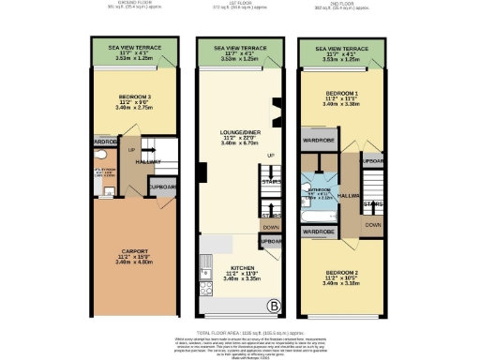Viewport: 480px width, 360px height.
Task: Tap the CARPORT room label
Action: pos(134,250)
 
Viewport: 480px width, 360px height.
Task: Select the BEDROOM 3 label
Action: pos(134,97)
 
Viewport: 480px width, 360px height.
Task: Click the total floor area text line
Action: pos(240,332)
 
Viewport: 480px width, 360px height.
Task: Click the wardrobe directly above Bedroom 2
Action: pos(319,231)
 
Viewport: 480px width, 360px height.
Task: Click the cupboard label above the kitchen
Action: pos(271,242)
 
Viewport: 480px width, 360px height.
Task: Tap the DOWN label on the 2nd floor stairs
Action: pos(373,225)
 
